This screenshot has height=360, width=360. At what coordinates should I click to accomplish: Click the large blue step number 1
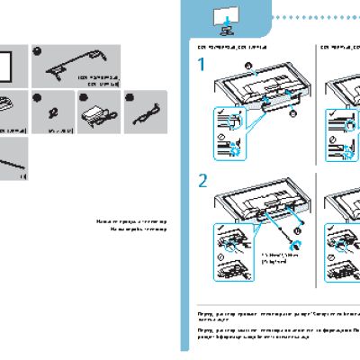click(203, 66)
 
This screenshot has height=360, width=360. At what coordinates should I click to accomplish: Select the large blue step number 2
click(204, 180)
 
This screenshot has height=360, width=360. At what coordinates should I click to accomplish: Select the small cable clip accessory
click(50, 114)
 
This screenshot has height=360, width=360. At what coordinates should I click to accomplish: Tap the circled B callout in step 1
click(292, 115)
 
